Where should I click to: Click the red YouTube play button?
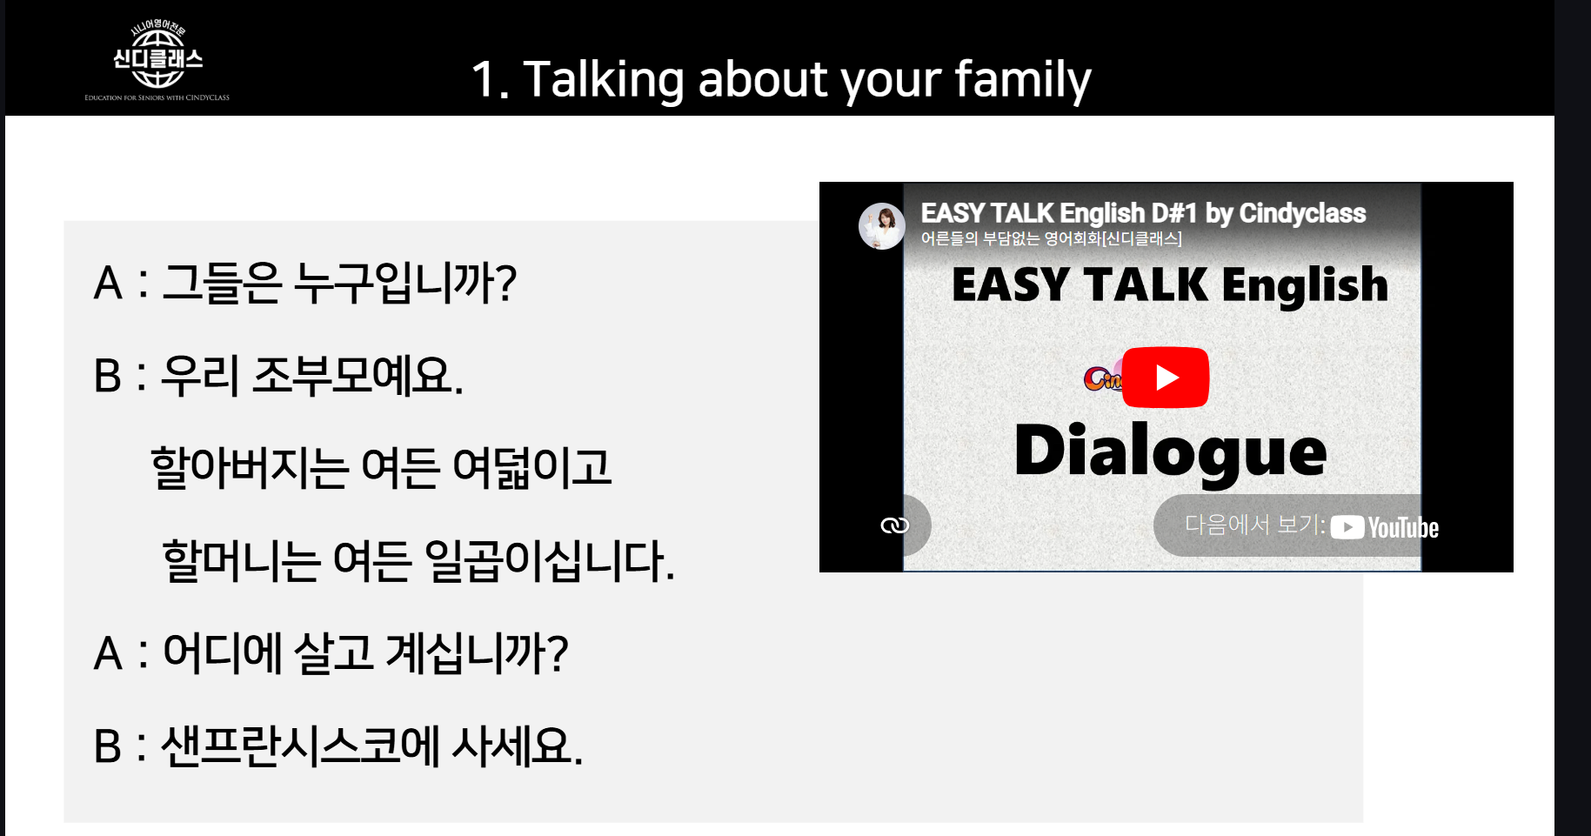(1165, 378)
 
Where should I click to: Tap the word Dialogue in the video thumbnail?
(1170, 451)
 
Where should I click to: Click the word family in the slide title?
(1022, 80)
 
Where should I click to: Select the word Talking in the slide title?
(604, 80)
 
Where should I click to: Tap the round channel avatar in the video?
(882, 226)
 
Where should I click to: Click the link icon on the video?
(894, 525)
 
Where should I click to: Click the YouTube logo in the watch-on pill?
(1385, 527)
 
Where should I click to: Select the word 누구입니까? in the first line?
(405, 283)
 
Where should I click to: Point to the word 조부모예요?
(358, 376)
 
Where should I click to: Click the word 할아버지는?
(250, 467)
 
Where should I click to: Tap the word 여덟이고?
(531, 467)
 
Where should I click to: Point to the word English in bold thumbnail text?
(1305, 286)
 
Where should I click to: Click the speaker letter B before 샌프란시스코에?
(108, 746)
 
